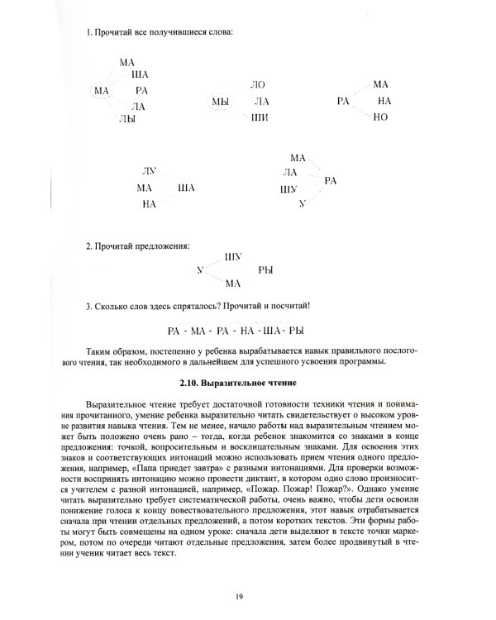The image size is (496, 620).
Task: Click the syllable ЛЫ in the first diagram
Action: click(126, 120)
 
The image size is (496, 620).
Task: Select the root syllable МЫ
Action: click(219, 102)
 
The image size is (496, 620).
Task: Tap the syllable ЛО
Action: click(258, 85)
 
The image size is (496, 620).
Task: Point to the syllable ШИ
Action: click(259, 118)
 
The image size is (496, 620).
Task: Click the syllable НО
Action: click(380, 117)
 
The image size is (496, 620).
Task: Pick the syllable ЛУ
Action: click(150, 171)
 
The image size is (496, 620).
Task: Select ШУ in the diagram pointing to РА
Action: click(289, 189)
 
